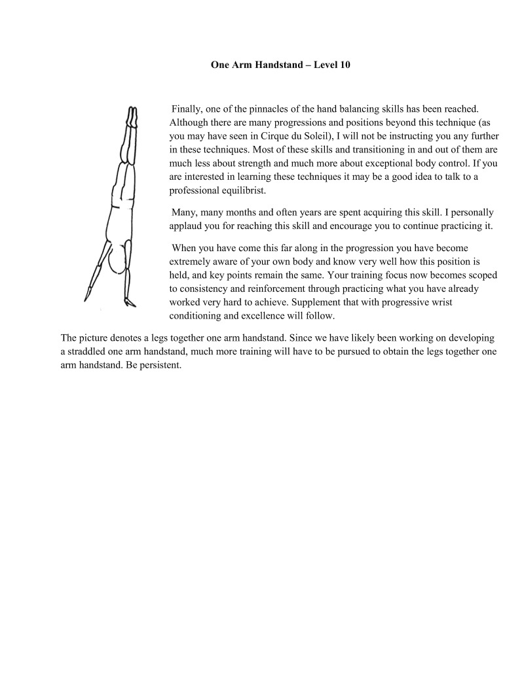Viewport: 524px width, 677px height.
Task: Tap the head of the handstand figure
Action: (119, 262)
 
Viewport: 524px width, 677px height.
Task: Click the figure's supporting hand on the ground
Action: (130, 302)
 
